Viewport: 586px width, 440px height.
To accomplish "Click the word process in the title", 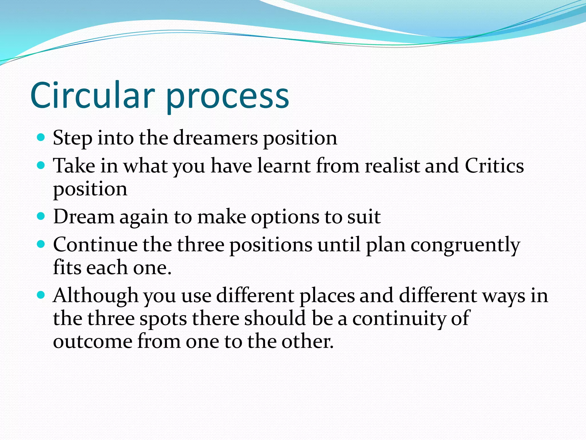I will [227, 97].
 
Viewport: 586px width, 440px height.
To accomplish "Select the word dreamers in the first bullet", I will [215, 138].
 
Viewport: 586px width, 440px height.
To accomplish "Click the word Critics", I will [494, 166].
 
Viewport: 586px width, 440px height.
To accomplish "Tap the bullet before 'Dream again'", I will [41, 216].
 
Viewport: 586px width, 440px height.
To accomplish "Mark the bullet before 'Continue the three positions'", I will [41, 244].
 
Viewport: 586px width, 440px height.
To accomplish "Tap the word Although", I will [96, 296].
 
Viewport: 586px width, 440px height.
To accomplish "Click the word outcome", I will [92, 341].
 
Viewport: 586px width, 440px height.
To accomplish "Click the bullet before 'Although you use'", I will [41, 295].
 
